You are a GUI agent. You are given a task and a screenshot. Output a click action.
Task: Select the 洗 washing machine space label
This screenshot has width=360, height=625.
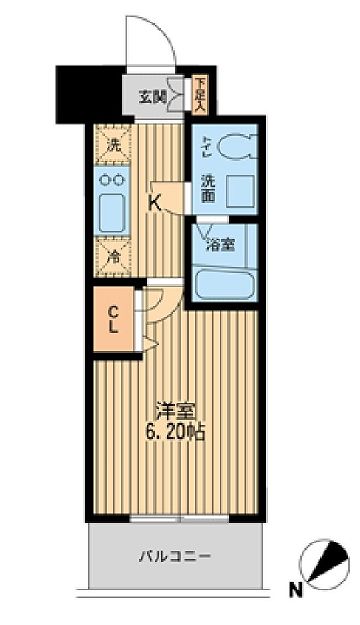coord(112,144)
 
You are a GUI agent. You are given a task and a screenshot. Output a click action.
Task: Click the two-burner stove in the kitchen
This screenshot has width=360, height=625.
coord(110,180)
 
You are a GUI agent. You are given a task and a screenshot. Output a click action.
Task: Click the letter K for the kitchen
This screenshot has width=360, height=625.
coord(155,201)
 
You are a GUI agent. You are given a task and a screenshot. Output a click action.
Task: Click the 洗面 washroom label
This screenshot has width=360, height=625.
coord(207,190)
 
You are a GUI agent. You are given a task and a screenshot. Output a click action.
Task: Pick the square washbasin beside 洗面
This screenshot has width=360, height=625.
coord(238,189)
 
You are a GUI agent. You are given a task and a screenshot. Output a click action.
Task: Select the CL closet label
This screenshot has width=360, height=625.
coord(114,318)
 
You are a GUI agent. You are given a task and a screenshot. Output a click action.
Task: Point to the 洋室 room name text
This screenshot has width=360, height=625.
coord(175,410)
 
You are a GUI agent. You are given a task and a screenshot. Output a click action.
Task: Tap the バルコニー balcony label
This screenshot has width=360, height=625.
coord(176,556)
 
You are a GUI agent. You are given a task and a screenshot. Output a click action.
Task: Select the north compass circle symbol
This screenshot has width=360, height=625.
coord(326,567)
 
